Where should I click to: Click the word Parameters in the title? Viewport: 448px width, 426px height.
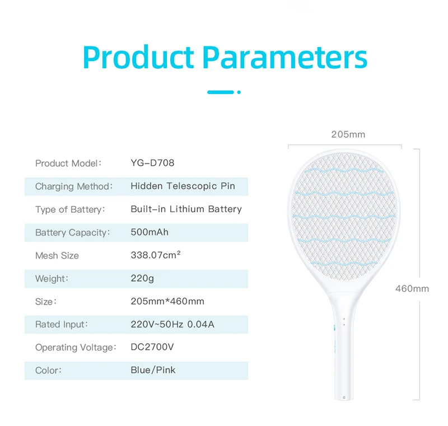pos(285,58)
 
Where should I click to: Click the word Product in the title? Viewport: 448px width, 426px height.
pos(138,58)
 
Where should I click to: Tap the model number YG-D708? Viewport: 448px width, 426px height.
pos(152,163)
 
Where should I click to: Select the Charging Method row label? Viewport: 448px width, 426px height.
pos(74,186)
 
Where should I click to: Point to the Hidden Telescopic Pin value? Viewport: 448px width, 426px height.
pos(183,186)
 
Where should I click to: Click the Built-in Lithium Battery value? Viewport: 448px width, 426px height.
pos(186,209)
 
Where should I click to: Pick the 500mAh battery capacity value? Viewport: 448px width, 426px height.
pos(150,232)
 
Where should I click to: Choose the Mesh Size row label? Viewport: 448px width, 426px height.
pos(57,255)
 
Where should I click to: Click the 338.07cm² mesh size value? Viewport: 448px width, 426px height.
pos(156,255)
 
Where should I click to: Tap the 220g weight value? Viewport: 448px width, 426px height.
pos(142,278)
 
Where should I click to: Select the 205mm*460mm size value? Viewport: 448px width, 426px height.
pos(167,301)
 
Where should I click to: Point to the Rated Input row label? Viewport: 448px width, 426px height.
pos(62,324)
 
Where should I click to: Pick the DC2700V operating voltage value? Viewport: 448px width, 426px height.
pos(152,347)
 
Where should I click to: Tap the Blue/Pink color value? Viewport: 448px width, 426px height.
pos(153,370)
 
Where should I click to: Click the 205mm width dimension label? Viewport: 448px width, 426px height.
pos(348,134)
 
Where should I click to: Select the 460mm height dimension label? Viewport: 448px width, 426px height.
pos(412,289)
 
